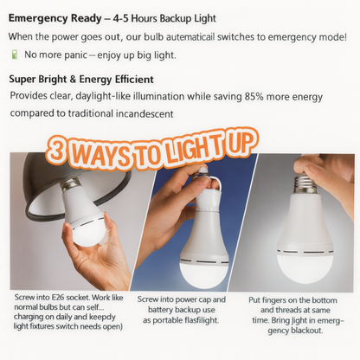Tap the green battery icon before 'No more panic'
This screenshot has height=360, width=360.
pos(14,55)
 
